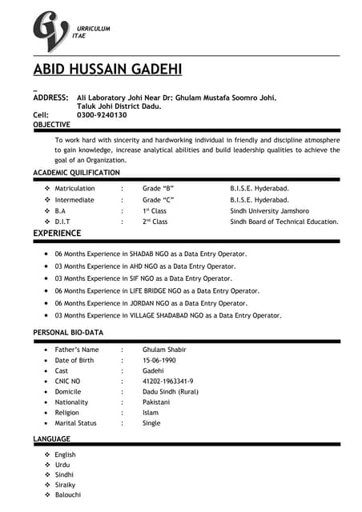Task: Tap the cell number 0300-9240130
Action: [x=102, y=115]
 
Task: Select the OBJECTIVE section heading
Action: [x=51, y=126]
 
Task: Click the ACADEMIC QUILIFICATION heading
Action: [x=76, y=172]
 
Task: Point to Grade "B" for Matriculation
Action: [x=158, y=188]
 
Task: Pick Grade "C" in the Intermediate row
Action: [x=158, y=199]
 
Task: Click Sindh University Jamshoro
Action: [x=271, y=210]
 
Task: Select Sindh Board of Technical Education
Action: [x=284, y=222]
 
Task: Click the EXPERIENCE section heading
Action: [x=56, y=234]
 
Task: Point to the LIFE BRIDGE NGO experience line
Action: [x=157, y=291]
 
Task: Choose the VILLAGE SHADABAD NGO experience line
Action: [x=167, y=316]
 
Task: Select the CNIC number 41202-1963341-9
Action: [x=167, y=382]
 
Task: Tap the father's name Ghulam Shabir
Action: [x=164, y=350]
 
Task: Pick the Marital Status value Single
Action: [x=151, y=423]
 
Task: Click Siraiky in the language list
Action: [x=66, y=486]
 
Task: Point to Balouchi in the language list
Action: [x=68, y=496]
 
